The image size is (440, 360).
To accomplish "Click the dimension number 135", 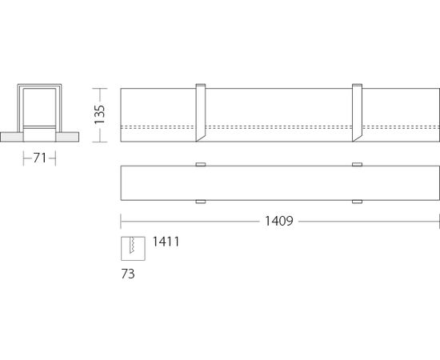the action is pyautogui.click(x=100, y=114).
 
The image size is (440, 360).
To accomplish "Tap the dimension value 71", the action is pyautogui.click(x=39, y=158).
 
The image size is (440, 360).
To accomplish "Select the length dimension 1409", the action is pyautogui.click(x=279, y=221).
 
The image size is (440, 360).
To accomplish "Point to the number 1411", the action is pyautogui.click(x=166, y=242).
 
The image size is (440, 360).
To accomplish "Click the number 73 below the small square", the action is pyautogui.click(x=128, y=274).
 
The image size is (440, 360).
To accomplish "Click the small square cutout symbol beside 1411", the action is pyautogui.click(x=133, y=249).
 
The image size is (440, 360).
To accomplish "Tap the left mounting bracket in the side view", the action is pyautogui.click(x=201, y=113).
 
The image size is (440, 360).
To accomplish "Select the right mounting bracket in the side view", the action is pyautogui.click(x=357, y=113).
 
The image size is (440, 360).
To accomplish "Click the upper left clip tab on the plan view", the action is pyautogui.click(x=201, y=165).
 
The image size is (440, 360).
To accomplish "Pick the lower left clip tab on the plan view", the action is pyautogui.click(x=201, y=202).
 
